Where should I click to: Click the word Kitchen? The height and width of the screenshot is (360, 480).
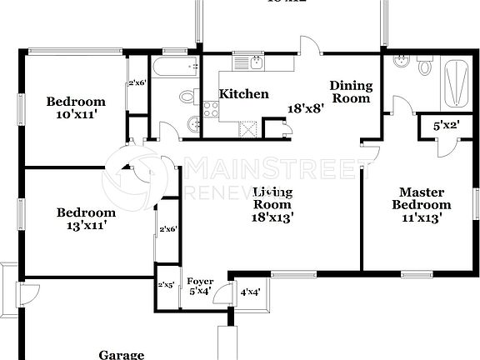tap(243, 94)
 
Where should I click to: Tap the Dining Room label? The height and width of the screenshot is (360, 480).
tap(350, 92)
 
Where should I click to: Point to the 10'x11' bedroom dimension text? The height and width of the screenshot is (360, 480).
tap(76, 116)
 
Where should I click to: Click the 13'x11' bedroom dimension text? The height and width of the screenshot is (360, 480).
tap(81, 225)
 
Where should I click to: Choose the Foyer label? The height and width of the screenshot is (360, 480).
tap(200, 281)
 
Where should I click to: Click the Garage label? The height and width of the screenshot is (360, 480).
tap(122, 354)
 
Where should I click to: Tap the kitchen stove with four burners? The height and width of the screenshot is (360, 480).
tap(210, 107)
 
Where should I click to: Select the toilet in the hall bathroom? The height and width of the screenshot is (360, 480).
tap(187, 98)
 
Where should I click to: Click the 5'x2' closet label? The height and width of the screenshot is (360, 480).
tap(447, 125)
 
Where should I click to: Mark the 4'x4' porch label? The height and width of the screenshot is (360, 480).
tap(249, 293)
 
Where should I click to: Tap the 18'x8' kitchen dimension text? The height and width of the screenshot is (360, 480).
tap(305, 108)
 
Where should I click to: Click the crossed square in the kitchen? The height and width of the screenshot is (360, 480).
tap(247, 127)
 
